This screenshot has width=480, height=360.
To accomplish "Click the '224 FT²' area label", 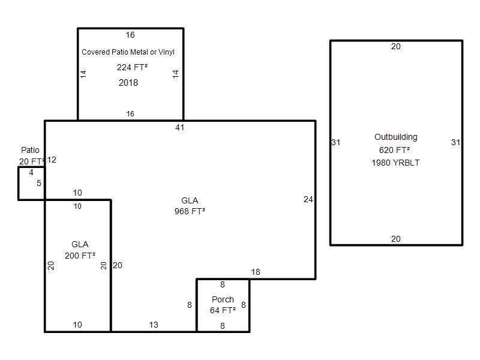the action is click(x=132, y=67).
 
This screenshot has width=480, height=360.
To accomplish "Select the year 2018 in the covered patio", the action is click(x=128, y=83).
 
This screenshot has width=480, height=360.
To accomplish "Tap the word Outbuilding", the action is click(x=396, y=137).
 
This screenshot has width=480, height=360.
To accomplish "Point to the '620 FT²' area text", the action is click(x=394, y=150).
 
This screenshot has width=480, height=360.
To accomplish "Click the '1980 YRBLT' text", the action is click(x=395, y=163).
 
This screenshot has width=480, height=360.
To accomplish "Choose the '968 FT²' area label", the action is click(x=190, y=211).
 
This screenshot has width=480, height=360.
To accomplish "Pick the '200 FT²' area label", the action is click(x=80, y=256).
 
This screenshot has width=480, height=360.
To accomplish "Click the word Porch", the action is click(x=223, y=299).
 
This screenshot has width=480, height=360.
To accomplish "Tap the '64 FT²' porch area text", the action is click(x=223, y=310).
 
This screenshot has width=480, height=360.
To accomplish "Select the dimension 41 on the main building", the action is click(x=179, y=127).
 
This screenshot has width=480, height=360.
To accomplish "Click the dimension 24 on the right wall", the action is click(x=308, y=200).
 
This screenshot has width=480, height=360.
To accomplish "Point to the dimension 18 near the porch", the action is click(x=256, y=272).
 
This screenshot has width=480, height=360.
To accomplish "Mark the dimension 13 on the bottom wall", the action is click(x=154, y=325).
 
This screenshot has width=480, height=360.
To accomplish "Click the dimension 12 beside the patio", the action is click(x=52, y=160).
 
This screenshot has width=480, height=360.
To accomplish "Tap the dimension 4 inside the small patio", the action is click(x=31, y=173).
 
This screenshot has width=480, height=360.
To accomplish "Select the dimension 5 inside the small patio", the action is click(x=39, y=183).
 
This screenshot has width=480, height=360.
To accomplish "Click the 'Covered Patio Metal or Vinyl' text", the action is click(x=128, y=52).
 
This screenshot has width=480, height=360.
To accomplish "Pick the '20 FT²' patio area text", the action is click(x=32, y=161).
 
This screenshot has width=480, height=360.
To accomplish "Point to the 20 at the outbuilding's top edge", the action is click(x=396, y=47).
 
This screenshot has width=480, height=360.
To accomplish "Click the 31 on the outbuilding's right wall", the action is click(x=455, y=142).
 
